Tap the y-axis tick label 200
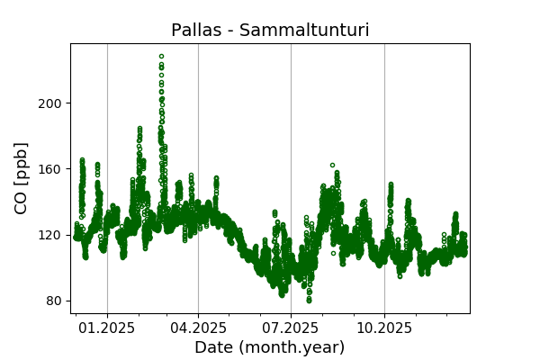click(50, 103)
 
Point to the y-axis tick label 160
click(50, 168)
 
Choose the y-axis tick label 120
click(50, 235)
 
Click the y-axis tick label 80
click(54, 301)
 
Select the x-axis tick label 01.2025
click(107, 328)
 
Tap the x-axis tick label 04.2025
click(198, 328)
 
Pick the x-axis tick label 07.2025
click(291, 328)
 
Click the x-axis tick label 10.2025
click(384, 328)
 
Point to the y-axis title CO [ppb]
click(22, 177)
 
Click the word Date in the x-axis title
click(213, 347)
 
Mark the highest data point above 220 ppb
click(161, 56)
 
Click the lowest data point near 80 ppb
click(309, 301)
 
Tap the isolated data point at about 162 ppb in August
click(332, 166)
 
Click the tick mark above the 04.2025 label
click(198, 315)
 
